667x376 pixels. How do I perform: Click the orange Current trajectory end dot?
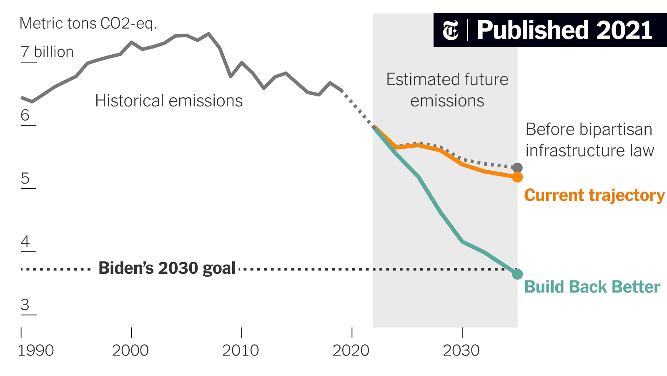pos(517,177)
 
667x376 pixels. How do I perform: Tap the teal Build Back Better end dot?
pos(517,274)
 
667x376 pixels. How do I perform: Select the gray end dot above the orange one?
pos(517,168)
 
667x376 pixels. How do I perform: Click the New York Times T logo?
pos(451,30)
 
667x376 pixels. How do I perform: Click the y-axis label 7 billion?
pos(47,52)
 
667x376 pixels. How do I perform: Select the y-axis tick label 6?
pos(25,115)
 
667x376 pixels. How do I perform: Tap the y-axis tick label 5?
pos(25,178)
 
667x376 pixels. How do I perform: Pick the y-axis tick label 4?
pos(25,241)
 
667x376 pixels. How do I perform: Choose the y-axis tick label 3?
pos(25,305)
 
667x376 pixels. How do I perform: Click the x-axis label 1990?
pos(36,351)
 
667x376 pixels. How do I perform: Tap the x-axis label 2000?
pos(130,351)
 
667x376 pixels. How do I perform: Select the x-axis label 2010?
pos(241,351)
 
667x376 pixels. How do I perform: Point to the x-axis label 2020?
pos(351,351)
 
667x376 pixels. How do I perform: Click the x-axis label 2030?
pos(461,351)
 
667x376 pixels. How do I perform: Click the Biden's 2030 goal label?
pos(167,268)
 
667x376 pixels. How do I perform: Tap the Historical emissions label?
pos(169,101)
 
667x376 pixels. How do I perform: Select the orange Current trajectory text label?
pos(594,195)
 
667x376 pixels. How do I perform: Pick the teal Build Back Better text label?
pos(592,287)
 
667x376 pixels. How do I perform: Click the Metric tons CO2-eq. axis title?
pos(88,23)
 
